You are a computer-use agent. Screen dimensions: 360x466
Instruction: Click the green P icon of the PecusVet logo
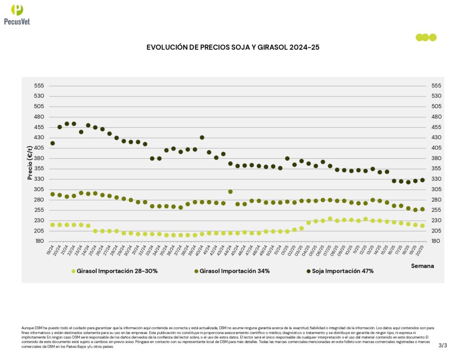tap(17, 10)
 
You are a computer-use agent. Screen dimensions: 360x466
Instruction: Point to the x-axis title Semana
tap(422, 265)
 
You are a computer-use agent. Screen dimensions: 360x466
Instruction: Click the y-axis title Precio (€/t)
tap(30, 162)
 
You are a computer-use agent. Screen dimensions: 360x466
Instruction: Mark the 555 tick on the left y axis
tap(39, 86)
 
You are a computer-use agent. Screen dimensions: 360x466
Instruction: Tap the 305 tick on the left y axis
tap(39, 189)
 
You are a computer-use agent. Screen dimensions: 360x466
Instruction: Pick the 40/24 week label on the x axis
tap(199, 249)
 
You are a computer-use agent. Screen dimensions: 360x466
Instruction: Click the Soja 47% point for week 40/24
tap(202, 137)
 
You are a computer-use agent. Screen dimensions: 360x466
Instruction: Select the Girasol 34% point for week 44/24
tap(230, 192)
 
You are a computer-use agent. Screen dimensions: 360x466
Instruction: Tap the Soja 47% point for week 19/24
tap(52, 143)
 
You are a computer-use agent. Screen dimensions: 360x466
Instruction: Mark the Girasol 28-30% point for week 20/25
tap(422, 226)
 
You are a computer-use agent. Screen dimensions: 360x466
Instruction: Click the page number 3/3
tap(443, 345)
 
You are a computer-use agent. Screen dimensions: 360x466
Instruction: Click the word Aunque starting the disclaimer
tap(27, 328)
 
